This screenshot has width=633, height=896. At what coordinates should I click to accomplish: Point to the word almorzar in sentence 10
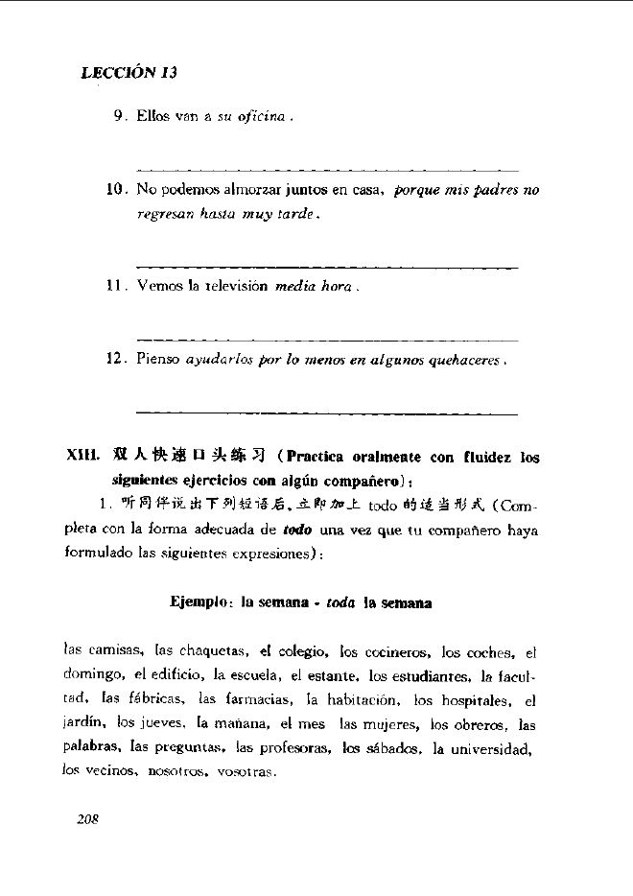point(249,190)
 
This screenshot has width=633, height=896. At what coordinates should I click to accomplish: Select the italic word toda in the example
point(333,602)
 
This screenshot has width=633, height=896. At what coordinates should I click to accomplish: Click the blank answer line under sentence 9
point(327,169)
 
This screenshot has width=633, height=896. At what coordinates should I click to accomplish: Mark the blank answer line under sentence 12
point(327,412)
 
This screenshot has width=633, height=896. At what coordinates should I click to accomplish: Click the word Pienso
point(159,361)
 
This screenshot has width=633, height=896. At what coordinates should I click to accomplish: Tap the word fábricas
point(152,700)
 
